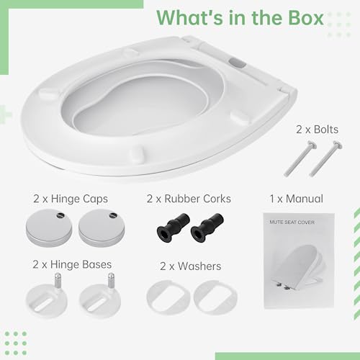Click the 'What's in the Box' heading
[240, 18]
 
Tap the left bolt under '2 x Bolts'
[300, 158]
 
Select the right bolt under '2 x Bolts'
[325, 158]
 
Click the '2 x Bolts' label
[317, 130]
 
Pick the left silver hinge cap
[49, 228]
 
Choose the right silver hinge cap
[102, 228]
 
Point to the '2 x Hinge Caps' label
[71, 199]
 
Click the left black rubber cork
[173, 228]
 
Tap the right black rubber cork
[207, 228]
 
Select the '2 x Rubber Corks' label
[189, 199]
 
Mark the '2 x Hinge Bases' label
[72, 264]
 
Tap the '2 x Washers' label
[191, 266]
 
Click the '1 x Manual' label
[297, 199]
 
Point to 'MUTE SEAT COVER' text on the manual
[292, 222]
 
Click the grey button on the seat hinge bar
[237, 63]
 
